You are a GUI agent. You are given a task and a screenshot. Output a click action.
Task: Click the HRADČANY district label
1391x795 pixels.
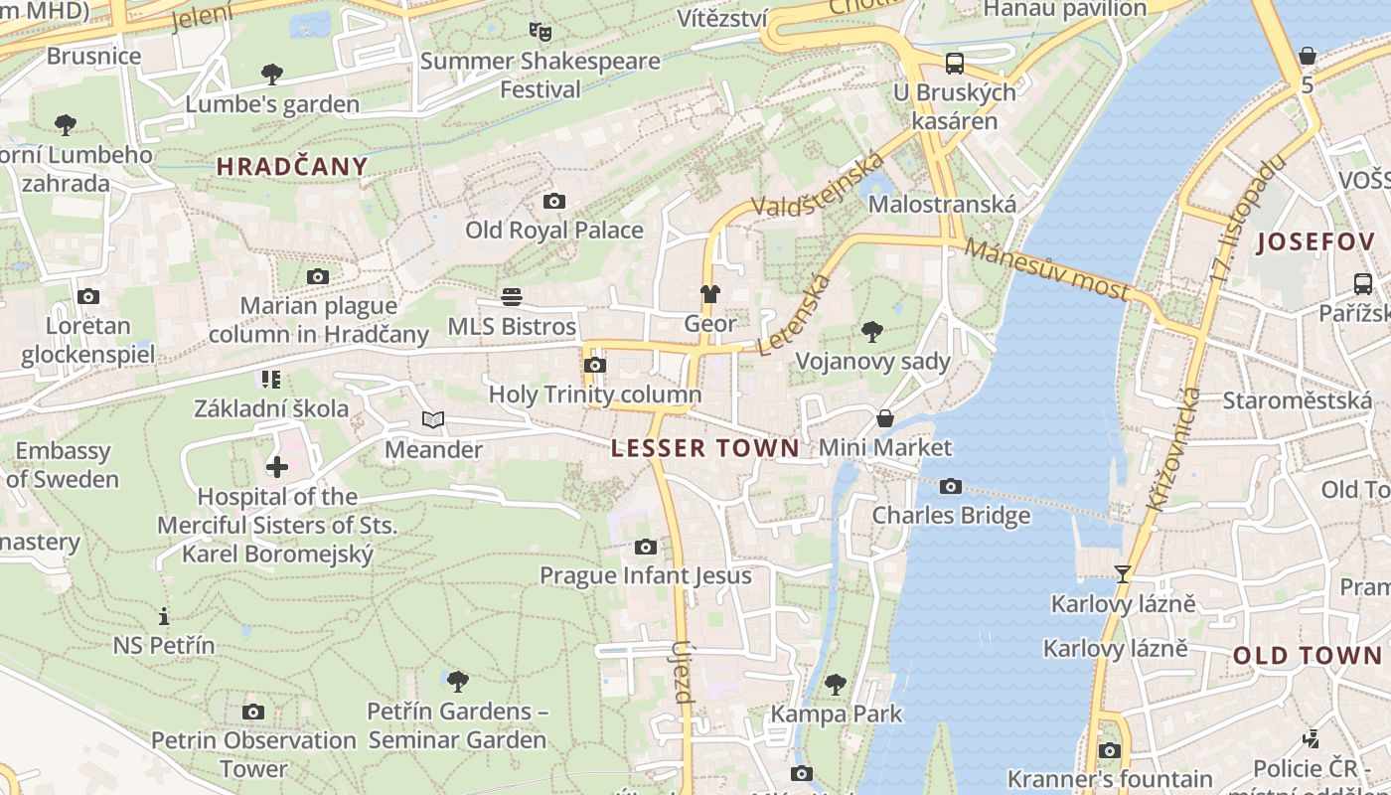[x=292, y=166]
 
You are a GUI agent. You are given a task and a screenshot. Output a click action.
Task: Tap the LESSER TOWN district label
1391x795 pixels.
[x=704, y=448]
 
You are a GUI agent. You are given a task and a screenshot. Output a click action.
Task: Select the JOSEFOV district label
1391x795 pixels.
[x=1315, y=241]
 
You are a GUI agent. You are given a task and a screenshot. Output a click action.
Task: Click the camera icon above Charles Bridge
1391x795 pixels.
[x=951, y=486]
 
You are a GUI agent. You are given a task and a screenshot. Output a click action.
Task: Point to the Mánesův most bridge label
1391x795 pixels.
[x=1046, y=269]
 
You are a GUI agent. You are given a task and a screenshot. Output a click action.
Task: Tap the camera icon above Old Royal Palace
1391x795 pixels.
[x=554, y=202]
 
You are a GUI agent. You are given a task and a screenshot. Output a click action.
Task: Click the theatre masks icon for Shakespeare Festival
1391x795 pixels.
[x=540, y=32]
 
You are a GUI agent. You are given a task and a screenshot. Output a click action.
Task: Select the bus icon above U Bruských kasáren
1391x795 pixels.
[x=955, y=64]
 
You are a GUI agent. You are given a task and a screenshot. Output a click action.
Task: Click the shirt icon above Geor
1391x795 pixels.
[x=710, y=294]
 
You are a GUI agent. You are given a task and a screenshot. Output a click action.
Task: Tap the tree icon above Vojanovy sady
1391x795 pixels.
[x=872, y=331]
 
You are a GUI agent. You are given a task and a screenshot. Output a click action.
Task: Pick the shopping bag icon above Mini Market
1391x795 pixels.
[x=884, y=418]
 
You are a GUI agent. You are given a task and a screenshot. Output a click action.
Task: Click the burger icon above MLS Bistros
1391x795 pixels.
[x=512, y=297]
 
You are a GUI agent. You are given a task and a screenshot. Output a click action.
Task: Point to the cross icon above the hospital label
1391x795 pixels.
[x=277, y=466]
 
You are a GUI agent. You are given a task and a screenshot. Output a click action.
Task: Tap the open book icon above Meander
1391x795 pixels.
[x=433, y=420]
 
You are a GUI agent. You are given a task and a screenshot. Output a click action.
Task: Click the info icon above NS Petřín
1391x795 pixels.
[x=164, y=616]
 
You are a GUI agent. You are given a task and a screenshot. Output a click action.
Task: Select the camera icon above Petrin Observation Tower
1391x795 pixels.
[x=253, y=712]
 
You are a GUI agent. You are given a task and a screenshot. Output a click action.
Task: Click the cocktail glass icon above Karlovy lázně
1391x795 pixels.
[x=1123, y=573]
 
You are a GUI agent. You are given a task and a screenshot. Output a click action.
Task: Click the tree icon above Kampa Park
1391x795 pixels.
[x=836, y=684]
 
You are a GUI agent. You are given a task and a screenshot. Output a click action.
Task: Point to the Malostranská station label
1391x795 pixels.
[x=942, y=204]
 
